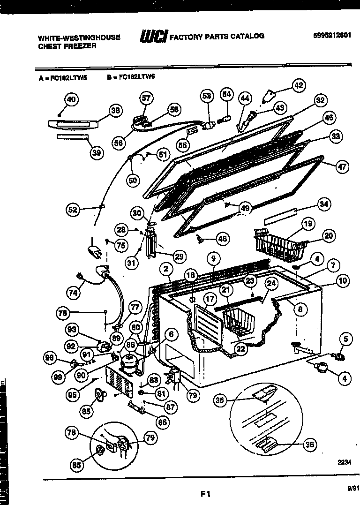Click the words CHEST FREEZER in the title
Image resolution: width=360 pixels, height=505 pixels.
[x=67, y=46]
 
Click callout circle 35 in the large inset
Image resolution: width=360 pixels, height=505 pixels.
[x=220, y=400]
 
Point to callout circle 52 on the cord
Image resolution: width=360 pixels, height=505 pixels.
[x=73, y=210]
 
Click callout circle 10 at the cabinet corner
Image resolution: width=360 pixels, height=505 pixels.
[x=343, y=281]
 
